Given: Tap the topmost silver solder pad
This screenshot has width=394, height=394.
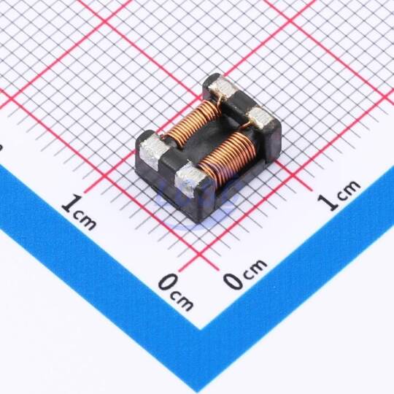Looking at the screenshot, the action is (x=223, y=88).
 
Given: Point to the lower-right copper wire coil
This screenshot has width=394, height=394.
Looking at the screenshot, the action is (x=228, y=158).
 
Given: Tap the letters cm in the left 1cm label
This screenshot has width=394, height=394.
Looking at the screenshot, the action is (x=85, y=221).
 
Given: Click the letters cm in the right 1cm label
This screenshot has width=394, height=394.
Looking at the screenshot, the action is (x=349, y=190).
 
